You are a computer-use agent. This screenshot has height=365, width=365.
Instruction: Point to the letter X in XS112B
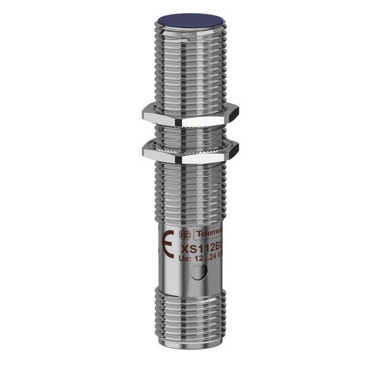[x=185, y=249]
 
